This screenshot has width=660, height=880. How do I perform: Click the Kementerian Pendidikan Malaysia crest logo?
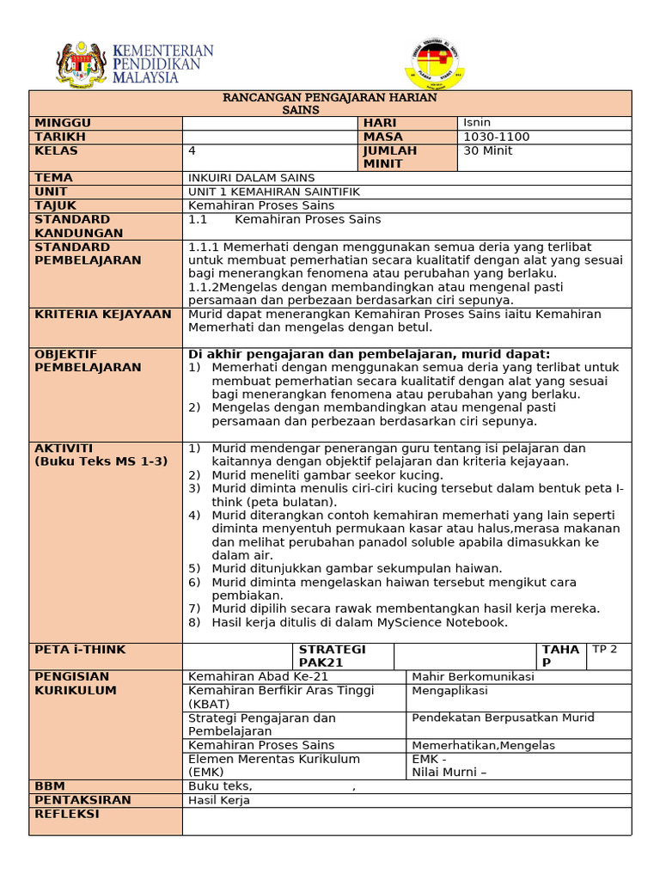82,64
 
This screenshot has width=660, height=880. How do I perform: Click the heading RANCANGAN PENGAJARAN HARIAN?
330,97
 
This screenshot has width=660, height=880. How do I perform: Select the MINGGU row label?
63,123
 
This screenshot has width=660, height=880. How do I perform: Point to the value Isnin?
477,123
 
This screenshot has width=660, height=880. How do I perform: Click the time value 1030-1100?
496,137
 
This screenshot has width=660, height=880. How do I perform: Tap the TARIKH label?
60,137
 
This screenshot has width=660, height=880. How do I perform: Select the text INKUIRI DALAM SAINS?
251,178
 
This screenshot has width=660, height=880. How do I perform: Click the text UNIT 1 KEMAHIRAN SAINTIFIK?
274,192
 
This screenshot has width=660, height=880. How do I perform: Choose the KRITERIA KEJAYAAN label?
103,315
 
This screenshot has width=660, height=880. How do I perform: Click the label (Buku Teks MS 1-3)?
101,461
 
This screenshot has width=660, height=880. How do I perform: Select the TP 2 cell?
605,650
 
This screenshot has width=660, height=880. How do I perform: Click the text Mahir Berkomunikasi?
473,676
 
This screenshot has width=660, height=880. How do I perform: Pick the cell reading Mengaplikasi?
449,690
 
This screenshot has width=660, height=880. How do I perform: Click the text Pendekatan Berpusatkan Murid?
503,718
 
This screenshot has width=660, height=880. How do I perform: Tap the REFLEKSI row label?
66,814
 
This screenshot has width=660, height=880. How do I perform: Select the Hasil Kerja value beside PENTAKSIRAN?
218,800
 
